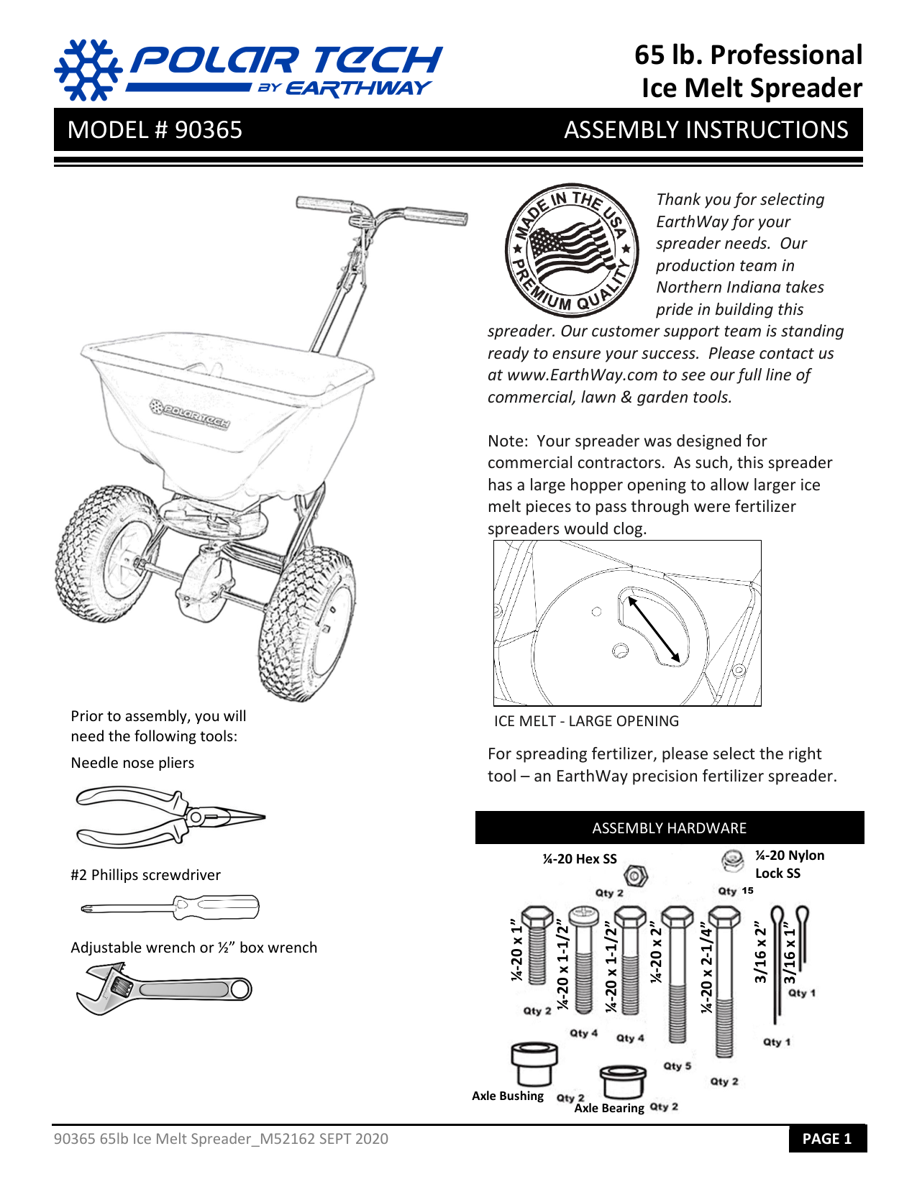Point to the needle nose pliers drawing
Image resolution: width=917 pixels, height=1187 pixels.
coord(170,817)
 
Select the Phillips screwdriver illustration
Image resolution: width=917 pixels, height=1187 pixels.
coord(170,907)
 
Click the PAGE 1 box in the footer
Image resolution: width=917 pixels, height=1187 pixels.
coord(826,1139)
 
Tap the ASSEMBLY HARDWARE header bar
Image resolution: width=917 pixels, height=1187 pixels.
coord(669,828)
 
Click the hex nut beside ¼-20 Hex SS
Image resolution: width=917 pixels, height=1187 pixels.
coord(636,876)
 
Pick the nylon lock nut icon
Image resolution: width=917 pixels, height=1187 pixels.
coord(733,860)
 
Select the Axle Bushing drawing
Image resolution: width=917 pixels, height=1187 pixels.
coord(534,1064)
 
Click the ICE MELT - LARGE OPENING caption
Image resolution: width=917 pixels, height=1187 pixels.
coord(586,721)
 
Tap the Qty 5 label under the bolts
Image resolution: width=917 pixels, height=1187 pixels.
coord(677,1066)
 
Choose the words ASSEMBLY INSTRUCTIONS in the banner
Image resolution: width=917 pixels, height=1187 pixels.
coord(706,130)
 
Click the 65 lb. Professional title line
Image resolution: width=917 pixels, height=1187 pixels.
coord(748,55)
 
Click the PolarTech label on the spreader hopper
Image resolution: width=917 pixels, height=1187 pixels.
coord(190,415)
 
